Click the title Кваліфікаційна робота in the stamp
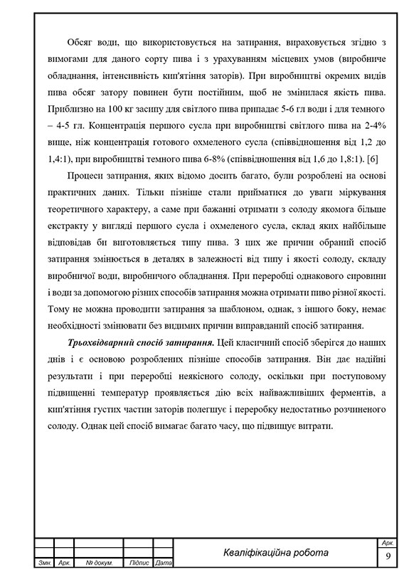tap(275, 553)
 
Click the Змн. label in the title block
tap(44, 563)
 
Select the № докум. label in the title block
tap(98, 563)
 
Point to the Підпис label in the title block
tap(137, 563)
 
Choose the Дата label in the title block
tap(164, 563)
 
